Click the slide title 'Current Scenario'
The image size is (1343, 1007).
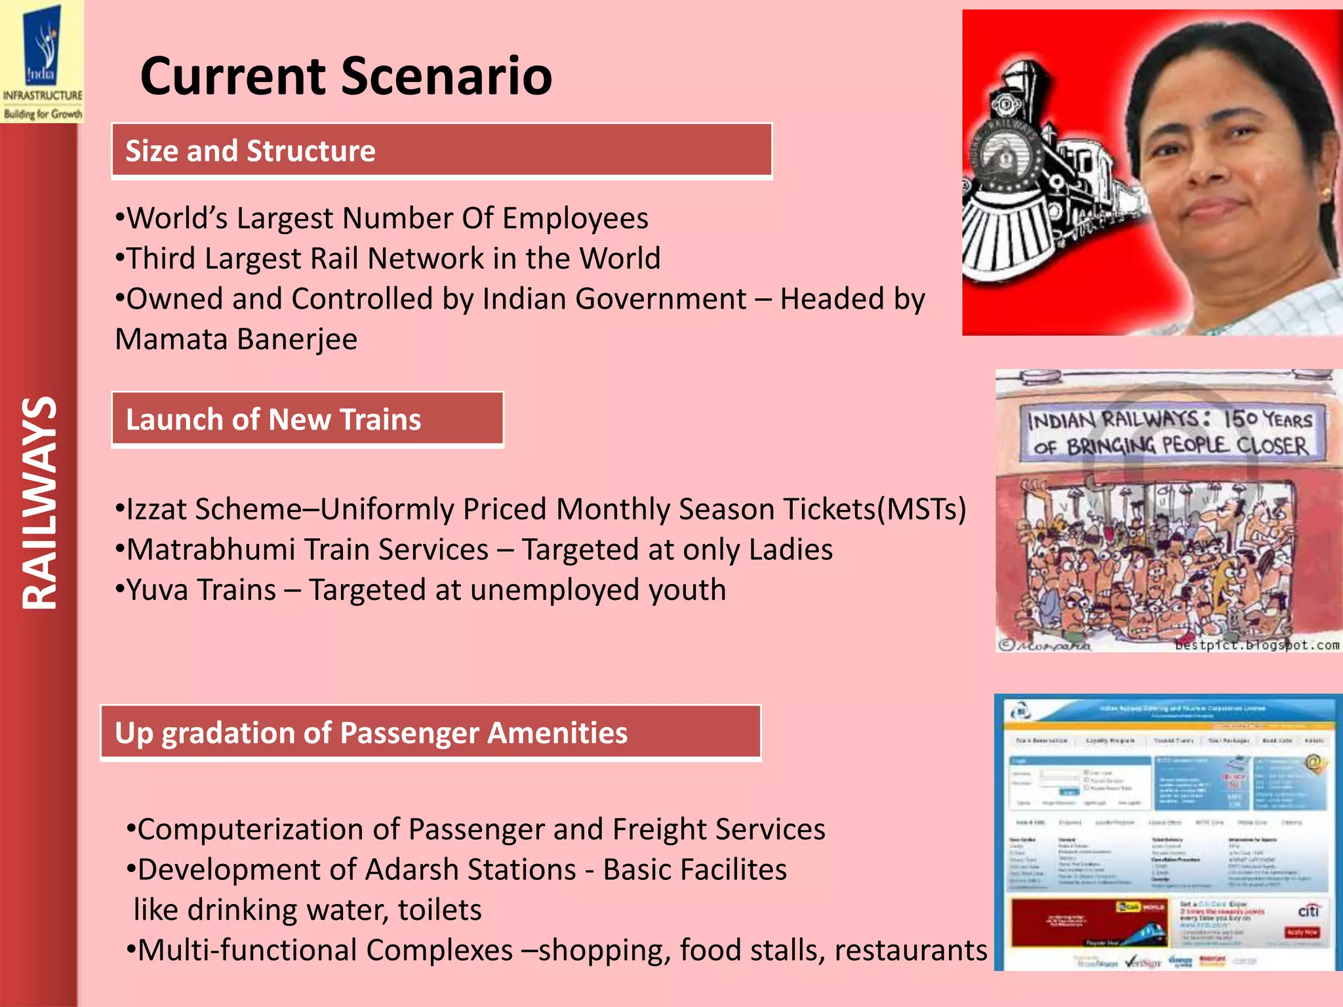[346, 76]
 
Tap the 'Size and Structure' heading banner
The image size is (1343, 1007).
[441, 151]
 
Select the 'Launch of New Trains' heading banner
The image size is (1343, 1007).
[307, 420]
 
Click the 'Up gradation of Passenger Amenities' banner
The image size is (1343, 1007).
[430, 733]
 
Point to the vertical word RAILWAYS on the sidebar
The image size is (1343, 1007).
[39, 503]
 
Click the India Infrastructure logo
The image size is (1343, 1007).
[42, 62]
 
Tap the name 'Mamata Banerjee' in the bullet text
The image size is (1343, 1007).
[236, 340]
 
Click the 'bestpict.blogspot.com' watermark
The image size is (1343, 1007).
[1256, 645]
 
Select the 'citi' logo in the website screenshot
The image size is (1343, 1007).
[1308, 911]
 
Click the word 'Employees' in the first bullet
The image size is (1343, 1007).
[574, 218]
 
